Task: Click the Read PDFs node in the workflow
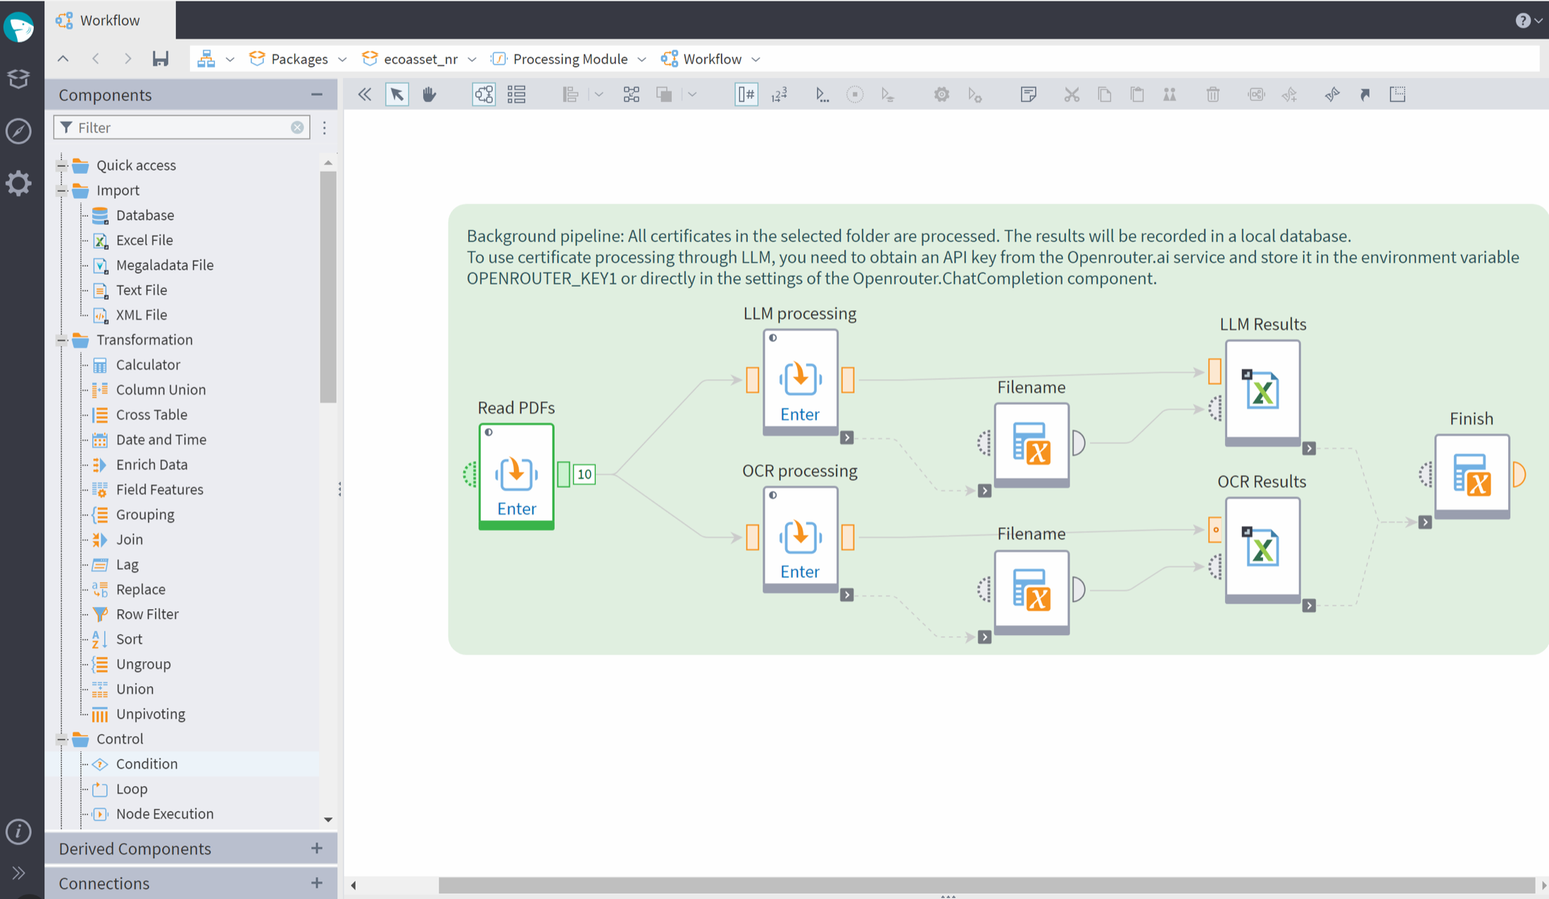pyautogui.click(x=516, y=476)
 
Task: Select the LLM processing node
pyautogui.click(x=800, y=382)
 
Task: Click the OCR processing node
pyautogui.click(x=800, y=539)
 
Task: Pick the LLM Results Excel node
pyautogui.click(x=1262, y=393)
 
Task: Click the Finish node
pyautogui.click(x=1472, y=477)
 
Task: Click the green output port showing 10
pyautogui.click(x=584, y=474)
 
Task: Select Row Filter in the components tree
pyautogui.click(x=147, y=614)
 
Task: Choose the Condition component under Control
pyautogui.click(x=146, y=764)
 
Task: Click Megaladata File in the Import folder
pyautogui.click(x=165, y=265)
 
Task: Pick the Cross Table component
pyautogui.click(x=151, y=415)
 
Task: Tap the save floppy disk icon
pyautogui.click(x=161, y=59)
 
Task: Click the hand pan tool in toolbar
pyautogui.click(x=429, y=94)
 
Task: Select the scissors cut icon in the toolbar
pyautogui.click(x=1072, y=94)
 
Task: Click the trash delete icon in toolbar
pyautogui.click(x=1212, y=94)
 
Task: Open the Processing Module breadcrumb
pyautogui.click(x=570, y=59)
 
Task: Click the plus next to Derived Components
pyautogui.click(x=317, y=848)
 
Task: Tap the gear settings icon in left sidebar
pyautogui.click(x=19, y=184)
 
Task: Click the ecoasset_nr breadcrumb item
pyautogui.click(x=420, y=59)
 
